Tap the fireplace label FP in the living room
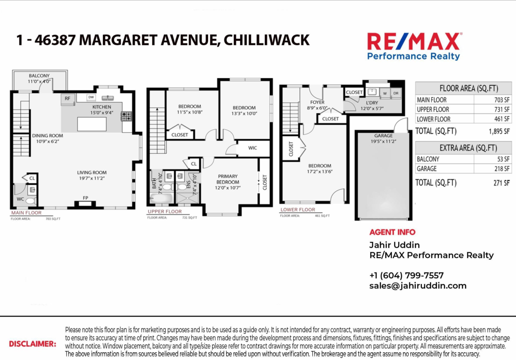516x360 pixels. pos(86,198)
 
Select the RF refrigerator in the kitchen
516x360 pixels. pos(68,98)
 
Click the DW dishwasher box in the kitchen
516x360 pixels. pos(91,98)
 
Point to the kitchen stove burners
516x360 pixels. pos(127,115)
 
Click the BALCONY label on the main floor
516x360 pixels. pos(39,76)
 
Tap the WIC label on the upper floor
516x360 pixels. pos(253,148)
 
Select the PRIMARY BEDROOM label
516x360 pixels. pos(227,179)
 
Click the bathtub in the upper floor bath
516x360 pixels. pos(161,198)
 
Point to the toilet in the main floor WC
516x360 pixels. pos(30,201)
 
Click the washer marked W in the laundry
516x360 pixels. pos(384,93)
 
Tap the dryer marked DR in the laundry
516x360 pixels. pos(396,93)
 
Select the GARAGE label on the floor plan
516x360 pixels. pos(383,136)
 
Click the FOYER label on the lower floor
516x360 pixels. pos(317,102)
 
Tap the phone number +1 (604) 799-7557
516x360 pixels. pos(406,275)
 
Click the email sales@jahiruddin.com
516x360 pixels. pos(418,286)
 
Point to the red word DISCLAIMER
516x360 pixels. pos(33,344)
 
